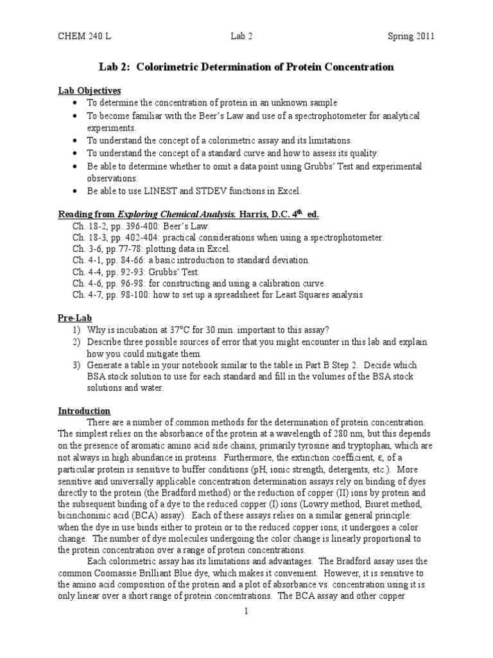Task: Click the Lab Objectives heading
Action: pos(90,91)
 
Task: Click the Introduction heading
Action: pos(85,411)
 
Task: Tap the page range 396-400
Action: pos(137,226)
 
